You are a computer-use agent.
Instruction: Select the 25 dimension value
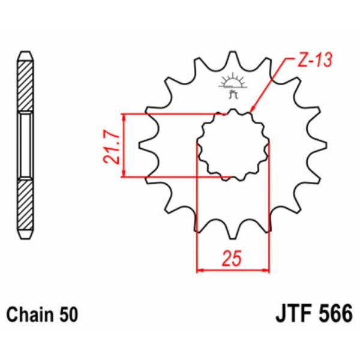click(232, 259)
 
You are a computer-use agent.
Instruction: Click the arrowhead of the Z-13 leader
click(253, 110)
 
